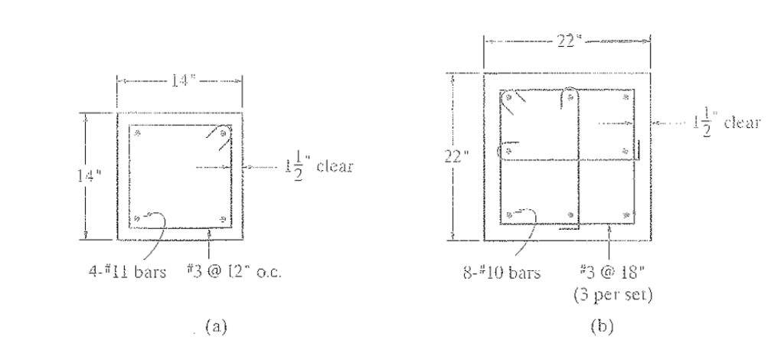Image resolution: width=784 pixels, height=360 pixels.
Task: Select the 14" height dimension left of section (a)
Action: (x=93, y=175)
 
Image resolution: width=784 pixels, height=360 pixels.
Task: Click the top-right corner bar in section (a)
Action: (x=223, y=134)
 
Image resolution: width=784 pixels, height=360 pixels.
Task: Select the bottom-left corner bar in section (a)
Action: (x=137, y=220)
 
